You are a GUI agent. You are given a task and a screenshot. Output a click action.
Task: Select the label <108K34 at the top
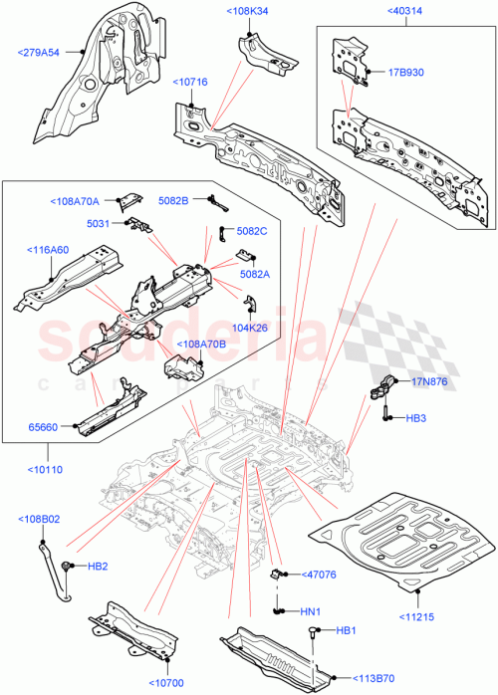pos(247,11)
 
